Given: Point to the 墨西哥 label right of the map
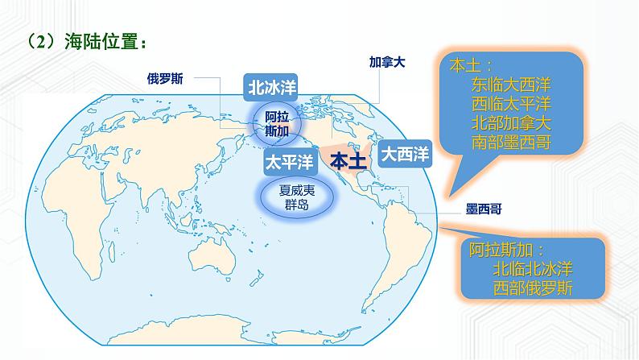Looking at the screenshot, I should click(484, 209).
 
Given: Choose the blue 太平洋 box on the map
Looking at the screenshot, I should click(288, 161).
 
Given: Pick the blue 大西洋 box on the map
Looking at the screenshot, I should click(405, 152).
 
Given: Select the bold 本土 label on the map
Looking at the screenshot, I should click(348, 161).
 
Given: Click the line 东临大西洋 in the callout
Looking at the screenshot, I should click(510, 84).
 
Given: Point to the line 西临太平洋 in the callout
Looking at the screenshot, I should click(510, 104).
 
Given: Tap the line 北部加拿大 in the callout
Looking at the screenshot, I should click(510, 124).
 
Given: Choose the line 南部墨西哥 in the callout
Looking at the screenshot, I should click(510, 143).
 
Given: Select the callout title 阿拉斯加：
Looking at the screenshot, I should click(508, 250).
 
